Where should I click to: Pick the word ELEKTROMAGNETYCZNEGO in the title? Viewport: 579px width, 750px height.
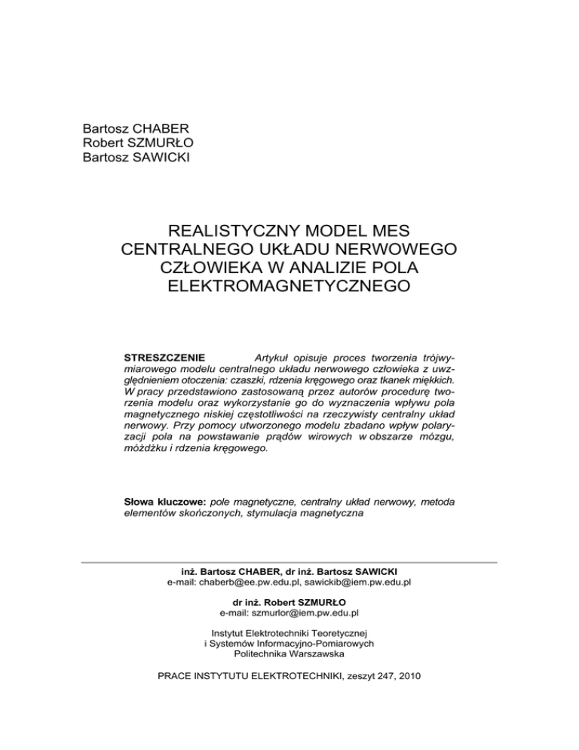289,287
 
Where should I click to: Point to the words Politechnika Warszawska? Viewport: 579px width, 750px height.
289,655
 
